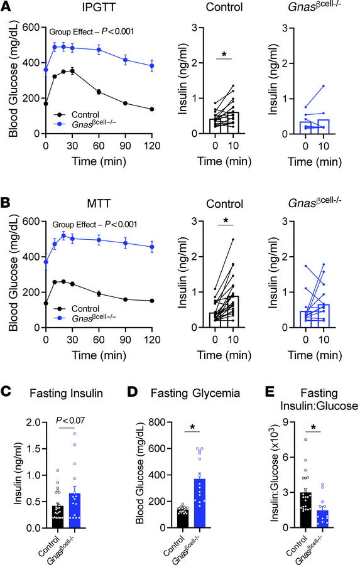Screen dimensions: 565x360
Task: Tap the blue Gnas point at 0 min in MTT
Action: coord(45,262)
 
